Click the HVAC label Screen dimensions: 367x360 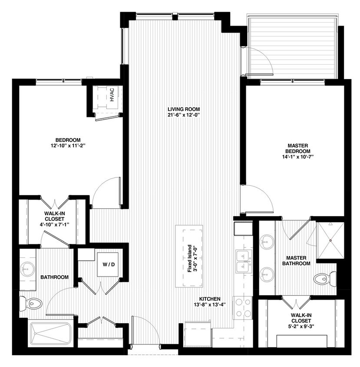112,95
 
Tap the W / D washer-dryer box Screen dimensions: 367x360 106,264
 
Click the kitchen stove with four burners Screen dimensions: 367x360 243,307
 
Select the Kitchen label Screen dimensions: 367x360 210,299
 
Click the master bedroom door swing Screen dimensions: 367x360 258,198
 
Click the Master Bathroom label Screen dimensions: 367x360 296,260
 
